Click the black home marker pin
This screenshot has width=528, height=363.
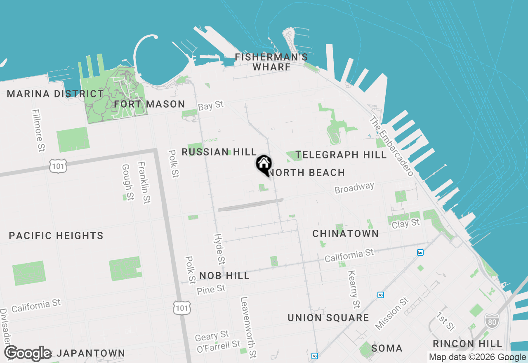click(263, 165)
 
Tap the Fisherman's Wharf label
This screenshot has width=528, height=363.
click(271, 62)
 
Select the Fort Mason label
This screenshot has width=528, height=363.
click(149, 104)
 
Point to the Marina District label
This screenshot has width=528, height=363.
click(55, 94)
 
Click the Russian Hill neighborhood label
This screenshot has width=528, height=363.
click(219, 152)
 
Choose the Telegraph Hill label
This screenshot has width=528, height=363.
click(341, 155)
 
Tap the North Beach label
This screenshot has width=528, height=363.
click(307, 172)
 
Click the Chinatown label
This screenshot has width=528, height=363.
click(345, 233)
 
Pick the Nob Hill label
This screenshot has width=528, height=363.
click(224, 276)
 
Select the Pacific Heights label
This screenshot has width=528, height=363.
click(56, 236)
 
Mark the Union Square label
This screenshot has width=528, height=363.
click(328, 318)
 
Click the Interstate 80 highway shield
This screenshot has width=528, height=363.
click(491, 321)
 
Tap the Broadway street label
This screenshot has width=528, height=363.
click(354, 188)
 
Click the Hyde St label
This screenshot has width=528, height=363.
click(219, 249)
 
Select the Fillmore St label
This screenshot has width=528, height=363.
click(38, 130)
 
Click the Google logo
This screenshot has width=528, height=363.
click(28, 353)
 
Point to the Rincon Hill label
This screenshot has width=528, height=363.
click(467, 344)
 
